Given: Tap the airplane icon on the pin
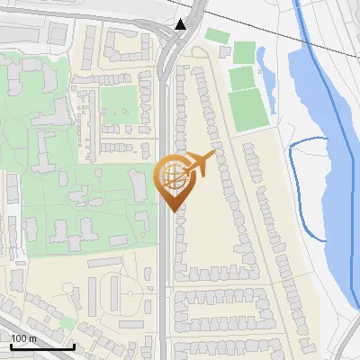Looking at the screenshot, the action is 200,164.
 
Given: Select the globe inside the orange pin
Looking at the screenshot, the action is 174,175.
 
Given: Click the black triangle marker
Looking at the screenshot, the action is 182,24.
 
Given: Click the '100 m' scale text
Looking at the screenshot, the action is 23,338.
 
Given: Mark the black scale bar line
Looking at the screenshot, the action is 41,346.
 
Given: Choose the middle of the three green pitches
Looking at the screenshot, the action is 241,78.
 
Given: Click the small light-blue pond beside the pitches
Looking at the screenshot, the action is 263,67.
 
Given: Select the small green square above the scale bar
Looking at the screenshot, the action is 68,322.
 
